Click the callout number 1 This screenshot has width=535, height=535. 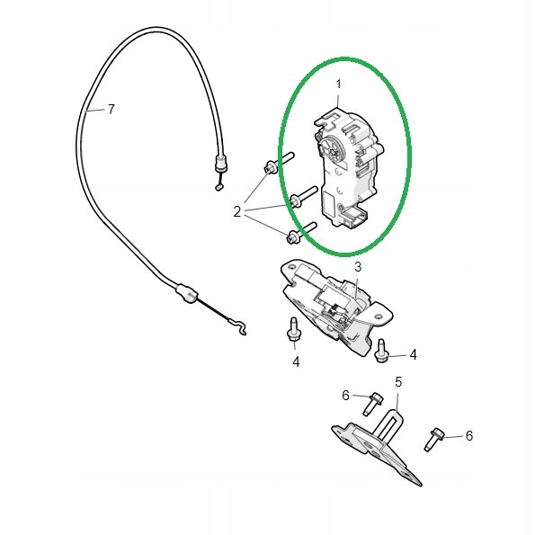338,85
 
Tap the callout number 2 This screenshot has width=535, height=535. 236,212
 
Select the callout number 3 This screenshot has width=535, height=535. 358,267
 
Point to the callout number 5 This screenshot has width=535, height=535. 398,382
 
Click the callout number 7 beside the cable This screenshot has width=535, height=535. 111,110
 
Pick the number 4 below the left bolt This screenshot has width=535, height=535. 296,361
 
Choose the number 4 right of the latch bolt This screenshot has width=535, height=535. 413,355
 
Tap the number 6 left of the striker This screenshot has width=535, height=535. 345,396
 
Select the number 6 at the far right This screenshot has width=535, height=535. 469,436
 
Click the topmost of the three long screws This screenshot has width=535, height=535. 279,163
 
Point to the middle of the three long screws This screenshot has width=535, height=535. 304,197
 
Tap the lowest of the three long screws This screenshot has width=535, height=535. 301,233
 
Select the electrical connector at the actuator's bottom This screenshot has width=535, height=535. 355,217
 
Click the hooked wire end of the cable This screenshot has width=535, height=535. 236,325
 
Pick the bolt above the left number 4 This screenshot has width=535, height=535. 293,329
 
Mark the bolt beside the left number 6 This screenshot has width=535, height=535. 371,404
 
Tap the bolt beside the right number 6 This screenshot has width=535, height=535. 433,439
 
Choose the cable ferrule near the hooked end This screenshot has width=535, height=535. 186,293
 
